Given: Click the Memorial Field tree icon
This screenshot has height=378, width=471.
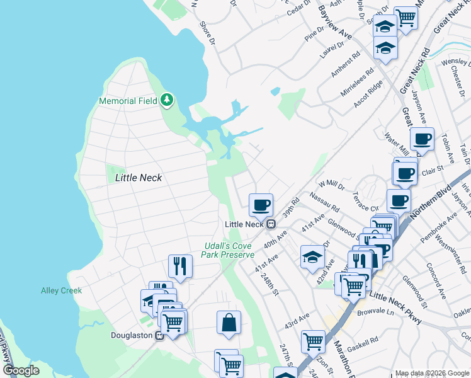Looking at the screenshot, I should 167,100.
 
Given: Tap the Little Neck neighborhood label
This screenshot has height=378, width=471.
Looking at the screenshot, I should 139,178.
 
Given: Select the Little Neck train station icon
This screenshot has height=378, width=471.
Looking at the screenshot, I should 271,224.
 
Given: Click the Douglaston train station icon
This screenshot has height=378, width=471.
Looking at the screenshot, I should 160,335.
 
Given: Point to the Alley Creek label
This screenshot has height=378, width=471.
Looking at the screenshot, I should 61,290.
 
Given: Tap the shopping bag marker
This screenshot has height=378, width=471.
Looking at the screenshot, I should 229,322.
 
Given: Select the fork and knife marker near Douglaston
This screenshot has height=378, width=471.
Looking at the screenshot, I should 180,265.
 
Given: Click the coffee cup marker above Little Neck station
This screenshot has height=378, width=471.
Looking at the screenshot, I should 261,204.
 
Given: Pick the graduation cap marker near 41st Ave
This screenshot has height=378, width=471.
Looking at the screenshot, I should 312,256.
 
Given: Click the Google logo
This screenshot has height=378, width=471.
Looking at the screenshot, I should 21,370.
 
